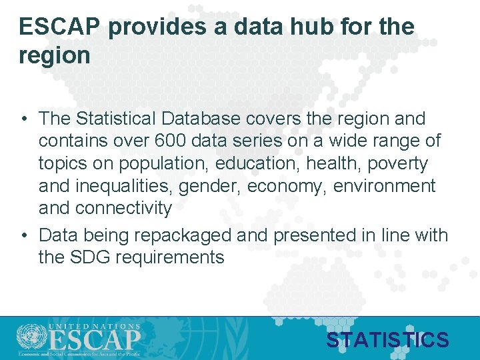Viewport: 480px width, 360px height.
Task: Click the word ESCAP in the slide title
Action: (x=60, y=27)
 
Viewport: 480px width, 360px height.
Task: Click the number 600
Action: (x=170, y=141)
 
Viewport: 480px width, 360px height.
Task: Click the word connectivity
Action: (x=124, y=208)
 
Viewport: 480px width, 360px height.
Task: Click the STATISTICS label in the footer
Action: (x=387, y=341)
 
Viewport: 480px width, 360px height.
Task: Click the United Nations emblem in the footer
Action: (x=28, y=337)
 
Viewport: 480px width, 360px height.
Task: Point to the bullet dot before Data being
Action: (x=23, y=235)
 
